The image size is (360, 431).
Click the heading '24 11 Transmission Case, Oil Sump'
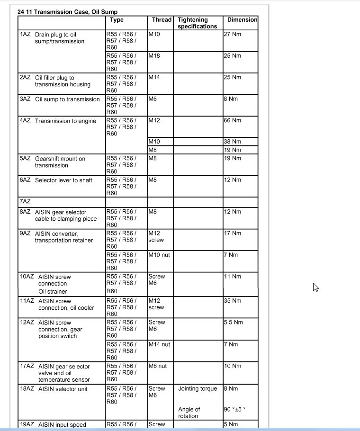click(x=67, y=11)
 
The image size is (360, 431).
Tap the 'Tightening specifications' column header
click(x=197, y=23)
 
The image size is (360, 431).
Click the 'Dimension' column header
click(x=242, y=20)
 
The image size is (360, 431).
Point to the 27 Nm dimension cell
click(x=232, y=34)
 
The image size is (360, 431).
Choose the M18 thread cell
click(x=154, y=56)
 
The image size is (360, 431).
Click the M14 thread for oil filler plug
click(x=154, y=77)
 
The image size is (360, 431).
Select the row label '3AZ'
click(x=25, y=99)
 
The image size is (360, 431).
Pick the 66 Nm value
click(x=232, y=121)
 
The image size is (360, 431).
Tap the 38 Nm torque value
click(x=232, y=142)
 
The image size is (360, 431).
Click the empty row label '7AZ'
click(x=25, y=202)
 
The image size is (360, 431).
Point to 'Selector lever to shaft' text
click(x=63, y=180)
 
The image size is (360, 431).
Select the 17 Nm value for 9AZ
click(x=232, y=233)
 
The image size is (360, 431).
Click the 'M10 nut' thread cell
click(x=159, y=255)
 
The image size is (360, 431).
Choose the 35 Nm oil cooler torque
click(x=232, y=301)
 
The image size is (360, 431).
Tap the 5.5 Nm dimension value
click(x=233, y=323)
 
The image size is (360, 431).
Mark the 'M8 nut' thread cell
click(x=158, y=366)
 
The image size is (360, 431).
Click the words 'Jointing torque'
click(x=198, y=389)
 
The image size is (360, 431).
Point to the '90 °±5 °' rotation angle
click(x=235, y=409)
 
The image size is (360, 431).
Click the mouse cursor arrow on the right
click(x=315, y=287)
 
